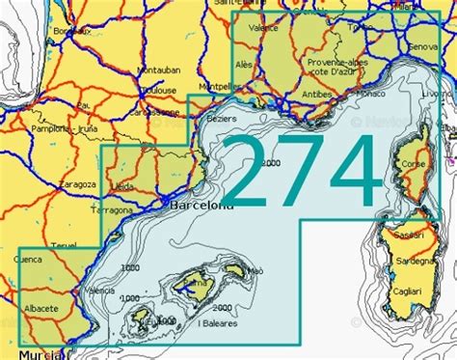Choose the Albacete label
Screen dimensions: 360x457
tap(40, 308)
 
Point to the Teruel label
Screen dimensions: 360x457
tap(63, 245)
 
